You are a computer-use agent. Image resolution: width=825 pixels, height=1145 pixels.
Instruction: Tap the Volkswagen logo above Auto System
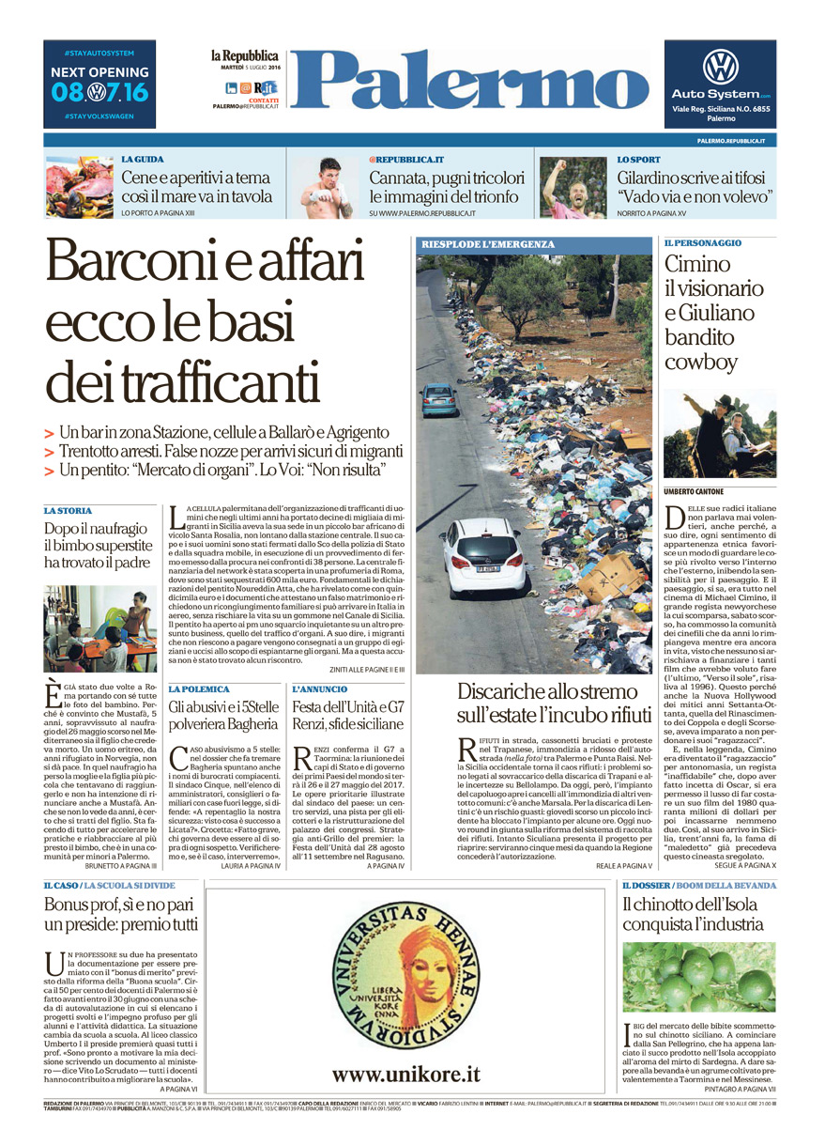[x=720, y=67]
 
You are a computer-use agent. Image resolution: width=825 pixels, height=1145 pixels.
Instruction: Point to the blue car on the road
[x=439, y=398]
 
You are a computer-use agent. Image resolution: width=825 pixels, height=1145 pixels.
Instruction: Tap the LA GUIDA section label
[x=143, y=160]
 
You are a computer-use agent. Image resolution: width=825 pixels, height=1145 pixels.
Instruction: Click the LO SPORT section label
[x=638, y=160]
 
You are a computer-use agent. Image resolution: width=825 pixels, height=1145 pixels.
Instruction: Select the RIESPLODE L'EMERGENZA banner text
[x=488, y=244]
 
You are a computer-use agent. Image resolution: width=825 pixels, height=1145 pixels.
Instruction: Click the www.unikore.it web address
[x=405, y=1074]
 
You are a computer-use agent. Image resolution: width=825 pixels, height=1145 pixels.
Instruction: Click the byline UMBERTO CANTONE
[x=694, y=491]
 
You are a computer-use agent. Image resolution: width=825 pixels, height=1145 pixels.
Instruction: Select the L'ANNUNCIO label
[x=320, y=689]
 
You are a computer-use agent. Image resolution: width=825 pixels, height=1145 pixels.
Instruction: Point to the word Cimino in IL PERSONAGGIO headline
[x=697, y=266]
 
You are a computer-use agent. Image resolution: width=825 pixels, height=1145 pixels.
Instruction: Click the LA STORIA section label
[x=68, y=510]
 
